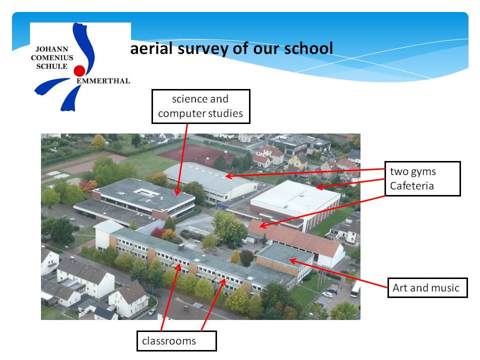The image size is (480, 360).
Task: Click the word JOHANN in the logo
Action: coord(52,49)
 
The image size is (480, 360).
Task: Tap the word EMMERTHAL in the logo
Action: coord(103,81)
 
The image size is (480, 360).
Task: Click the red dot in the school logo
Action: coord(79,70)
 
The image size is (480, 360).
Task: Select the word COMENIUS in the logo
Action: coord(52,58)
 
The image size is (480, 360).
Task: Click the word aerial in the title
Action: coord(151,48)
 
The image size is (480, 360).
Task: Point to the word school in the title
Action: coord(308,48)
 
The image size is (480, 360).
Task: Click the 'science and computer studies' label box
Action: coord(201,106)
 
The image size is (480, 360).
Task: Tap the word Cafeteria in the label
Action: coord(411,186)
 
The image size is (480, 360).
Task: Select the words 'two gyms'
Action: coord(413,171)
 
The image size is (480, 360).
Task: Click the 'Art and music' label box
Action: coord(427,288)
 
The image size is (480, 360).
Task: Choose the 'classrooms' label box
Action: coord(176,341)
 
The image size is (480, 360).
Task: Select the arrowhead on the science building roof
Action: coord(177,191)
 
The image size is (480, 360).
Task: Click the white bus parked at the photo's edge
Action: coord(355,289)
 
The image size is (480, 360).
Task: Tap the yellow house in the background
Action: coord(298,162)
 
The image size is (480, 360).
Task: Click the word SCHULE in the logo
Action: coord(52,66)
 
